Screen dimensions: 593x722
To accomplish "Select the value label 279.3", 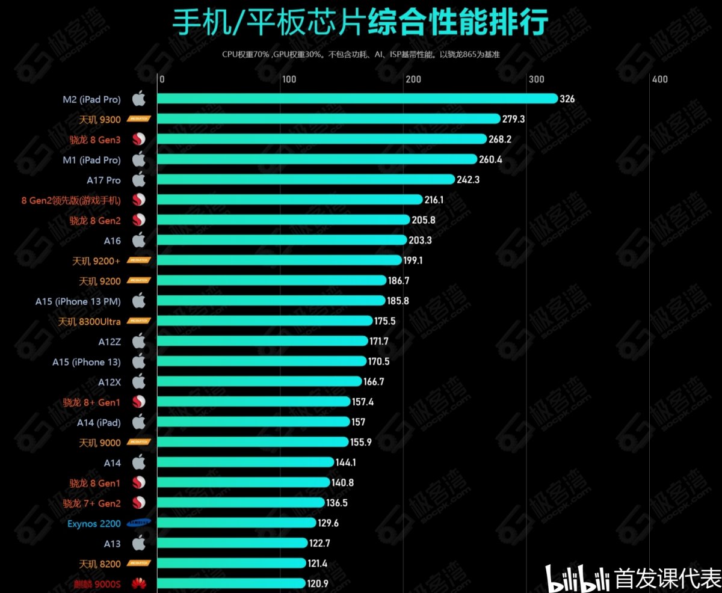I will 513,119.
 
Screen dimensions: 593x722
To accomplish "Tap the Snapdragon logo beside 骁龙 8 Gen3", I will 139,140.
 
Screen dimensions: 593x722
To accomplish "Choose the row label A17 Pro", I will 103,180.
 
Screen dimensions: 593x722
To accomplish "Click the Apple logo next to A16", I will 139,241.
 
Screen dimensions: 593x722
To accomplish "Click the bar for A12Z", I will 262,341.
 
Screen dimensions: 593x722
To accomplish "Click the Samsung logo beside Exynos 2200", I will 139,523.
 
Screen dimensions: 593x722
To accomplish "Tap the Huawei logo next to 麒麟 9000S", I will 139,583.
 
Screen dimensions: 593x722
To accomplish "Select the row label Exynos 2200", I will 94,523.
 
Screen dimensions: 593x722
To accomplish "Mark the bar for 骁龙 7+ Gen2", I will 241,503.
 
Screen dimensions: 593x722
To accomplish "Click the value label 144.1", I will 346,462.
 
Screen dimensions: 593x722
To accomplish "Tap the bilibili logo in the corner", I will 577,579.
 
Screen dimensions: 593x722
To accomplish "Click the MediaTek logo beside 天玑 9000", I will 139,443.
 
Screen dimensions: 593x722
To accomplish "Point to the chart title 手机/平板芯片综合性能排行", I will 360,23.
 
